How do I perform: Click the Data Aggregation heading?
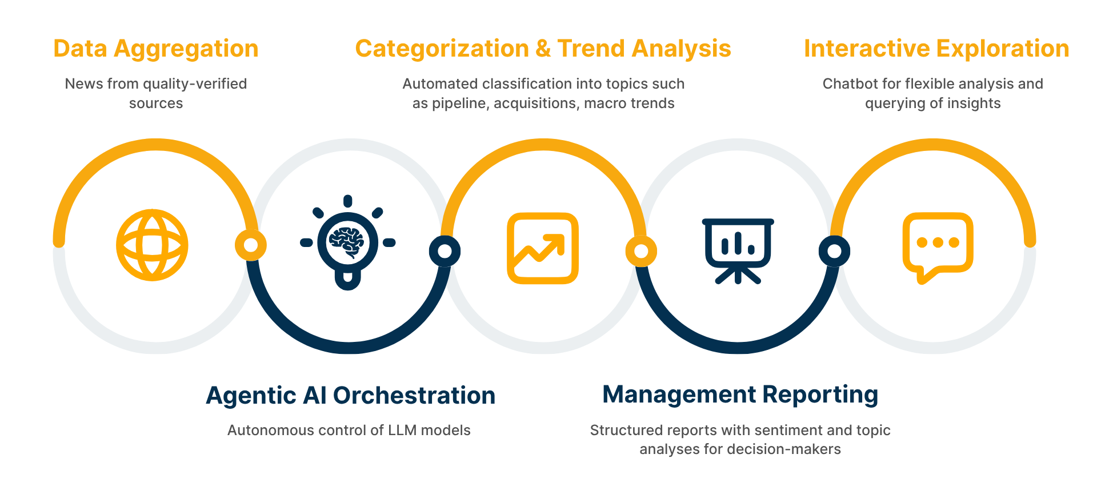155,49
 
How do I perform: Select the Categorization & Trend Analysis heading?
543,49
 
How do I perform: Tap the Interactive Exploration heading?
936,49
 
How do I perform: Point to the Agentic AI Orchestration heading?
350,396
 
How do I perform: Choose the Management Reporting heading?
740,395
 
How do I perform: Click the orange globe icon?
152,245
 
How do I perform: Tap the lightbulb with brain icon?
348,242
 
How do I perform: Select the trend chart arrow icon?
543,248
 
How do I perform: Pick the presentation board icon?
738,251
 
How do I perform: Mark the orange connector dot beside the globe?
250,245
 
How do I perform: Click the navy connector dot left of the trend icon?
445,251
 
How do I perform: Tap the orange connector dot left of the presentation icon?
641,251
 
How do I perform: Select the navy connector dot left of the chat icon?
834,251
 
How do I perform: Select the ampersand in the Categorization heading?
543,49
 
